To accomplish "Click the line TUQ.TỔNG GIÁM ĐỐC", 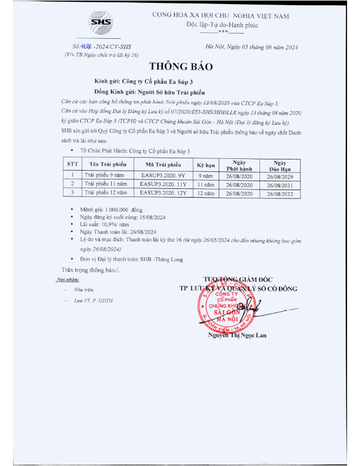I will [x=239, y=279].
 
